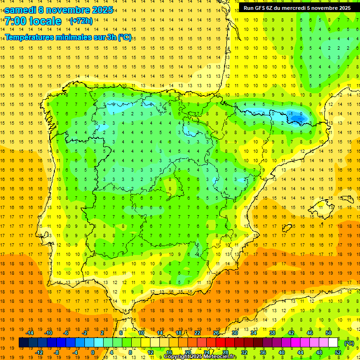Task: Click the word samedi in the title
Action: pos(21,10)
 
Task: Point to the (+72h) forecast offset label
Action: pos(81,21)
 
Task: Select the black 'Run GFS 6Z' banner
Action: pos(297,8)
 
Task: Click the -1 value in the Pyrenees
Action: pos(291,113)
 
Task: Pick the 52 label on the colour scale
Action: pos(338,352)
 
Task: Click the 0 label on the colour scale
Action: pos(92,352)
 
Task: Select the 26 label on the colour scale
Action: pos(216,333)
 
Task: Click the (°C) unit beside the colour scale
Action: pos(349,343)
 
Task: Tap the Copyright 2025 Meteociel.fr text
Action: pos(200,357)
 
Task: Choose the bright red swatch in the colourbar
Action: pos(220,343)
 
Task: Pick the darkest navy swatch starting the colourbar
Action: pos(23,343)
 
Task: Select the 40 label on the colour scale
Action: pos(282,352)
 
